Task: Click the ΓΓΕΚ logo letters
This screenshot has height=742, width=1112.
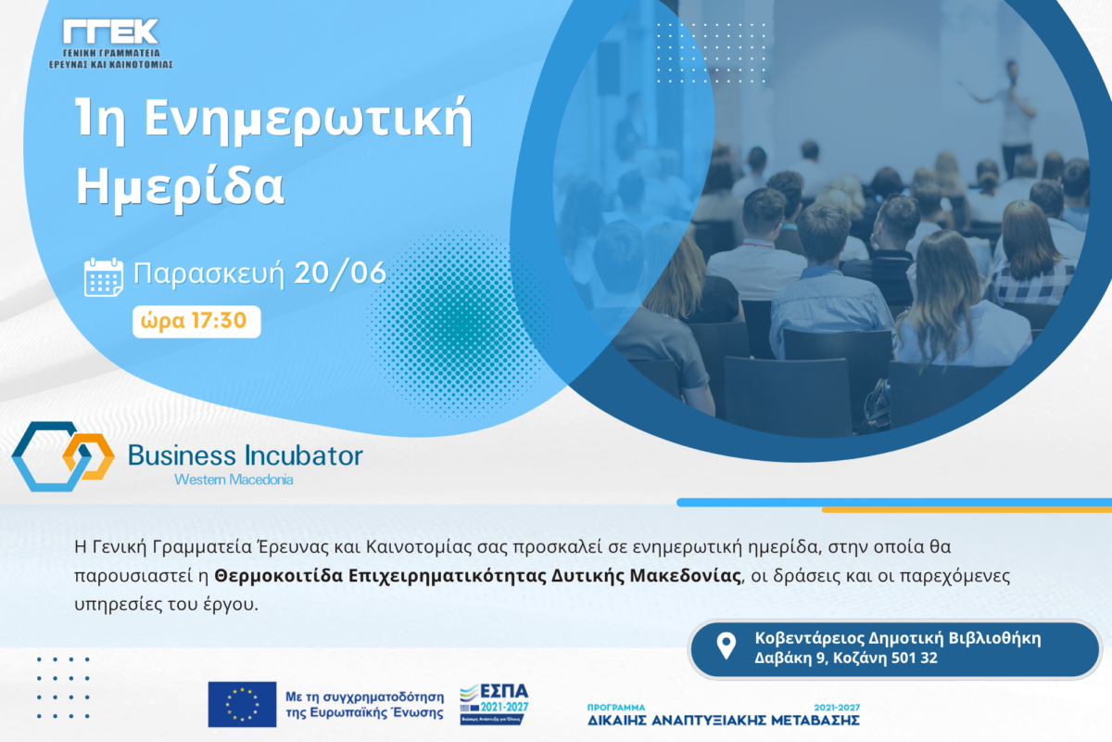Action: click(110, 32)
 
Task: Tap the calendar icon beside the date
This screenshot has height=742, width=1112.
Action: click(103, 276)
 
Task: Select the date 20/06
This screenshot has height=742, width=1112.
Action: click(340, 273)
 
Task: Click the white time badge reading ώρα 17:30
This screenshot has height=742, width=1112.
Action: click(196, 322)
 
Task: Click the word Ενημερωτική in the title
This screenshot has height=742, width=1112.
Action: click(309, 121)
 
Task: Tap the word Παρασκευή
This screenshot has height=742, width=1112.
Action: click(209, 274)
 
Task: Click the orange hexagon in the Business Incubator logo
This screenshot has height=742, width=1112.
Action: click(89, 456)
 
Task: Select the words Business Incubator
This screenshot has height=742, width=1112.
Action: click(246, 455)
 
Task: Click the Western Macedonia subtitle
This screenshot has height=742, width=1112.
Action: click(234, 480)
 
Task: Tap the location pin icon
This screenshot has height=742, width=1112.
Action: click(726, 646)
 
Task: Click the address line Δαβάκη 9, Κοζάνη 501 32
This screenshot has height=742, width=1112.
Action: click(846, 658)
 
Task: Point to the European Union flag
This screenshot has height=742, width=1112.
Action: click(242, 704)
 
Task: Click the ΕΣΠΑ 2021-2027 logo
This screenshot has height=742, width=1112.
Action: click(495, 704)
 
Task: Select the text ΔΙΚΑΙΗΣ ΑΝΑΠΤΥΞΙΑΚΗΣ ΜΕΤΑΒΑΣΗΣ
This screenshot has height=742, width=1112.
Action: click(724, 720)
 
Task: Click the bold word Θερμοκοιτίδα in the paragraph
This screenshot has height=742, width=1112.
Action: click(279, 575)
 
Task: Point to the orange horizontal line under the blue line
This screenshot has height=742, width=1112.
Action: click(967, 510)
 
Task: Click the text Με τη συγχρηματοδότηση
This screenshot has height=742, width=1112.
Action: click(365, 697)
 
